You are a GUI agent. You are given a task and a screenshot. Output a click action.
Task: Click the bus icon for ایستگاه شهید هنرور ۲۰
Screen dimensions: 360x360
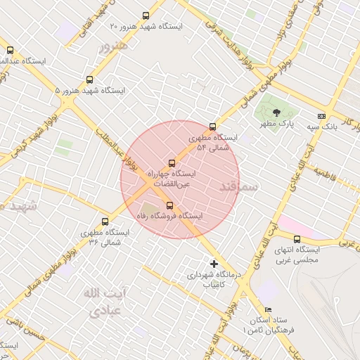point(146,15)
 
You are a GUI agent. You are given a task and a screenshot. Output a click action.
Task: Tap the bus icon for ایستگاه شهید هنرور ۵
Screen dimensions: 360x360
point(89,79)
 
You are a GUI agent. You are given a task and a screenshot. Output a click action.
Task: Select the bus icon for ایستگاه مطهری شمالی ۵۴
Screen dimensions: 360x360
point(212,127)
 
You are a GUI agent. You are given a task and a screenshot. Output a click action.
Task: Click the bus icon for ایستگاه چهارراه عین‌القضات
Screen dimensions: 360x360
point(172,163)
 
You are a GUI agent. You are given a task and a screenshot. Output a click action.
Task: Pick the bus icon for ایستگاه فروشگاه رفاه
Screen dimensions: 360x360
point(169,205)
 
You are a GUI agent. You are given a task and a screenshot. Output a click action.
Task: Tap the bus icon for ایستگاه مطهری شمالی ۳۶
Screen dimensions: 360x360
point(105,221)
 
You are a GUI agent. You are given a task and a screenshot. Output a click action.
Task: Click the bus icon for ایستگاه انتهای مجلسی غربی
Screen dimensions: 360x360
point(297,239)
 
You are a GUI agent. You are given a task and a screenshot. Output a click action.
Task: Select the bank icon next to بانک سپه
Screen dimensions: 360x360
point(321,116)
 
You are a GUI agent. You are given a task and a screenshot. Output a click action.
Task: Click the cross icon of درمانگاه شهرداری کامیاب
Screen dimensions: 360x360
point(214,264)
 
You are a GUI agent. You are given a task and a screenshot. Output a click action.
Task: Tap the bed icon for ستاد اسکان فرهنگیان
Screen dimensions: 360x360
point(267,310)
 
